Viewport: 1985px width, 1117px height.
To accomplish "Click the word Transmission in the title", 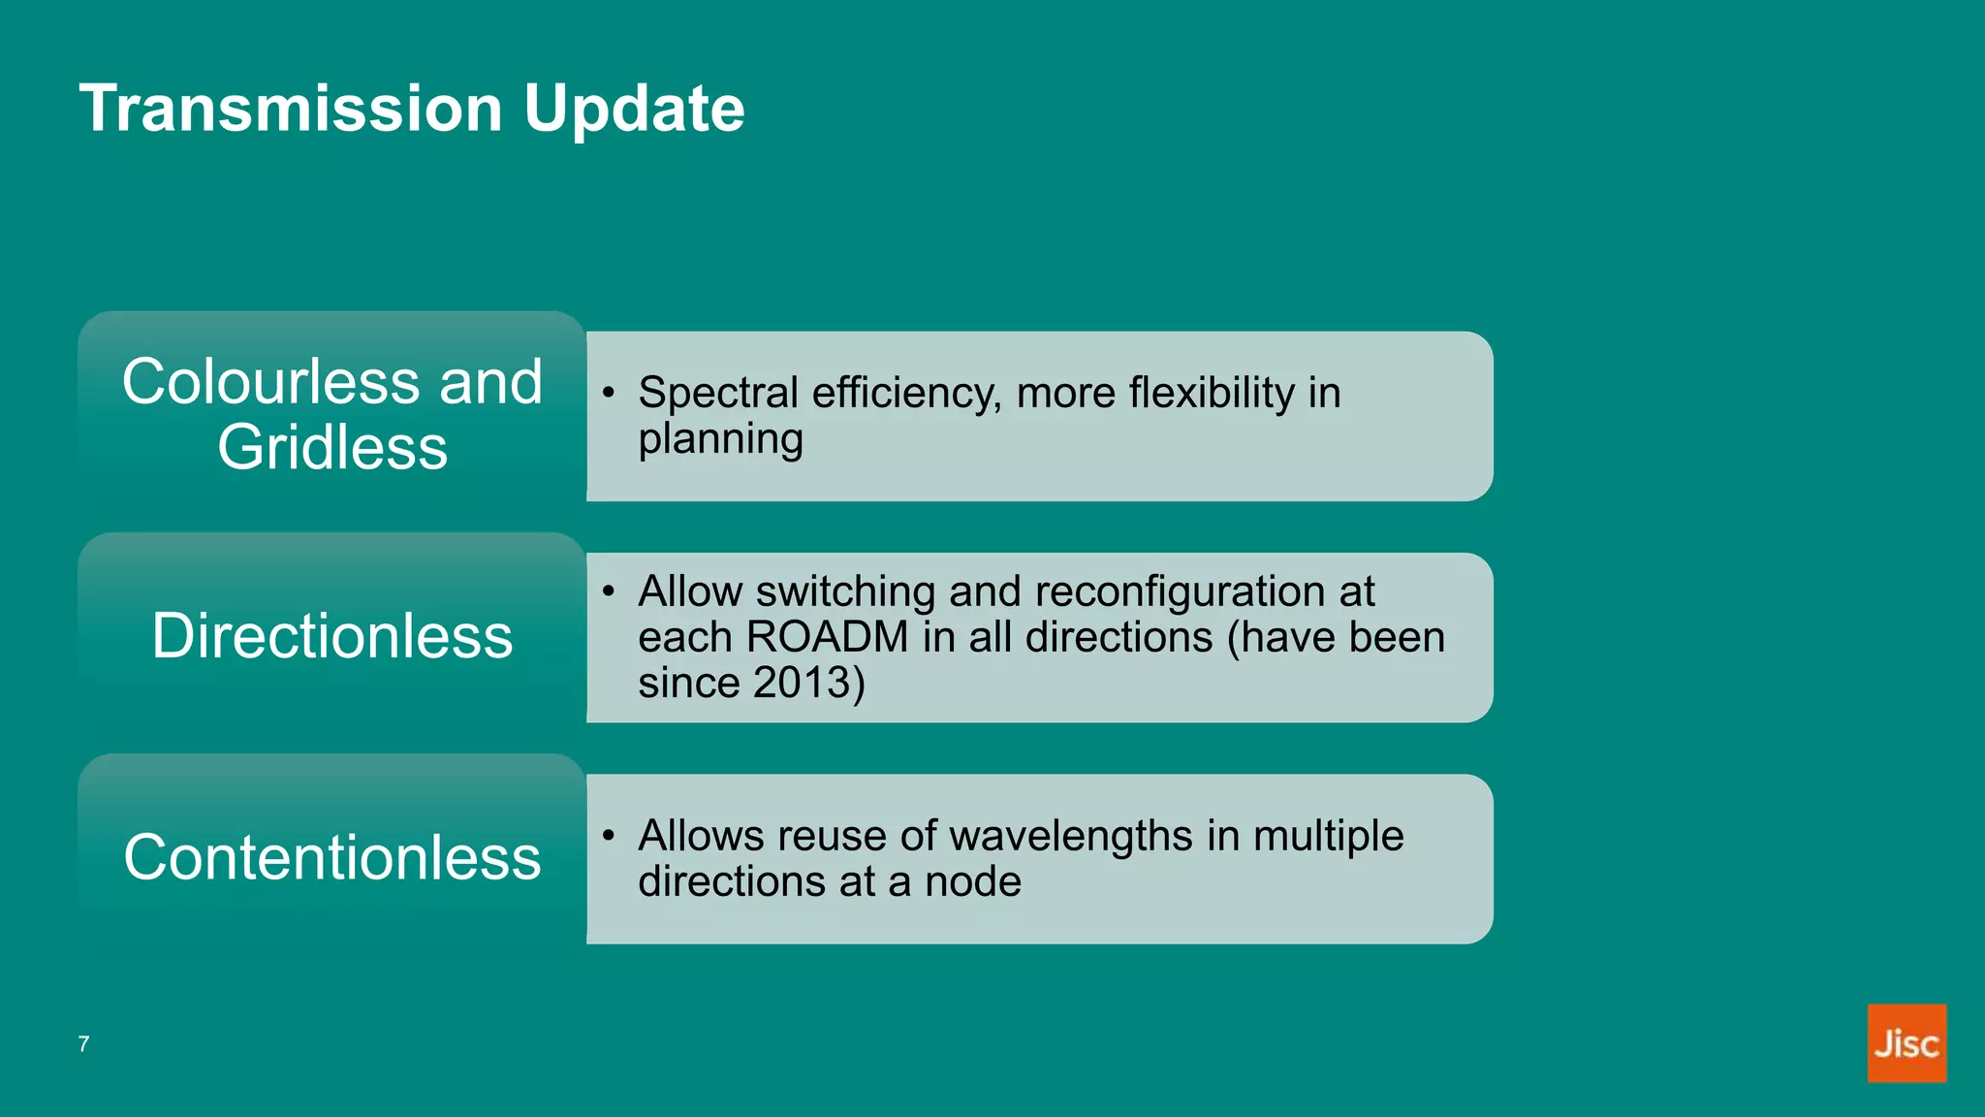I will coord(290,108).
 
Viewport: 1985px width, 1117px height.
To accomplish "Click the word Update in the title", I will coord(634,108).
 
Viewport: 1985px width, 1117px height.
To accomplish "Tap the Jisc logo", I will coord(1906,1042).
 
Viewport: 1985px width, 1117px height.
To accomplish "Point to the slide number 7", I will coord(84,1044).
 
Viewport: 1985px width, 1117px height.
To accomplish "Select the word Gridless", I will coord(332,447).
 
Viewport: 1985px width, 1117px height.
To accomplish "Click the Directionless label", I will coord(332,636).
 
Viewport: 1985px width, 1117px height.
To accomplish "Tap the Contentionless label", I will coord(332,857).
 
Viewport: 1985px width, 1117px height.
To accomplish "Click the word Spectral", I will coord(717,394).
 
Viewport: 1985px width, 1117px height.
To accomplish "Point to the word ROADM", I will coord(828,638).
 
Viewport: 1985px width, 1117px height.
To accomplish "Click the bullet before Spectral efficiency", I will coord(608,393).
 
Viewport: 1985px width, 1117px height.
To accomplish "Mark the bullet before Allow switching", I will coord(608,591).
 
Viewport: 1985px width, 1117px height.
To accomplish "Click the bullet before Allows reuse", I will coord(608,836).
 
